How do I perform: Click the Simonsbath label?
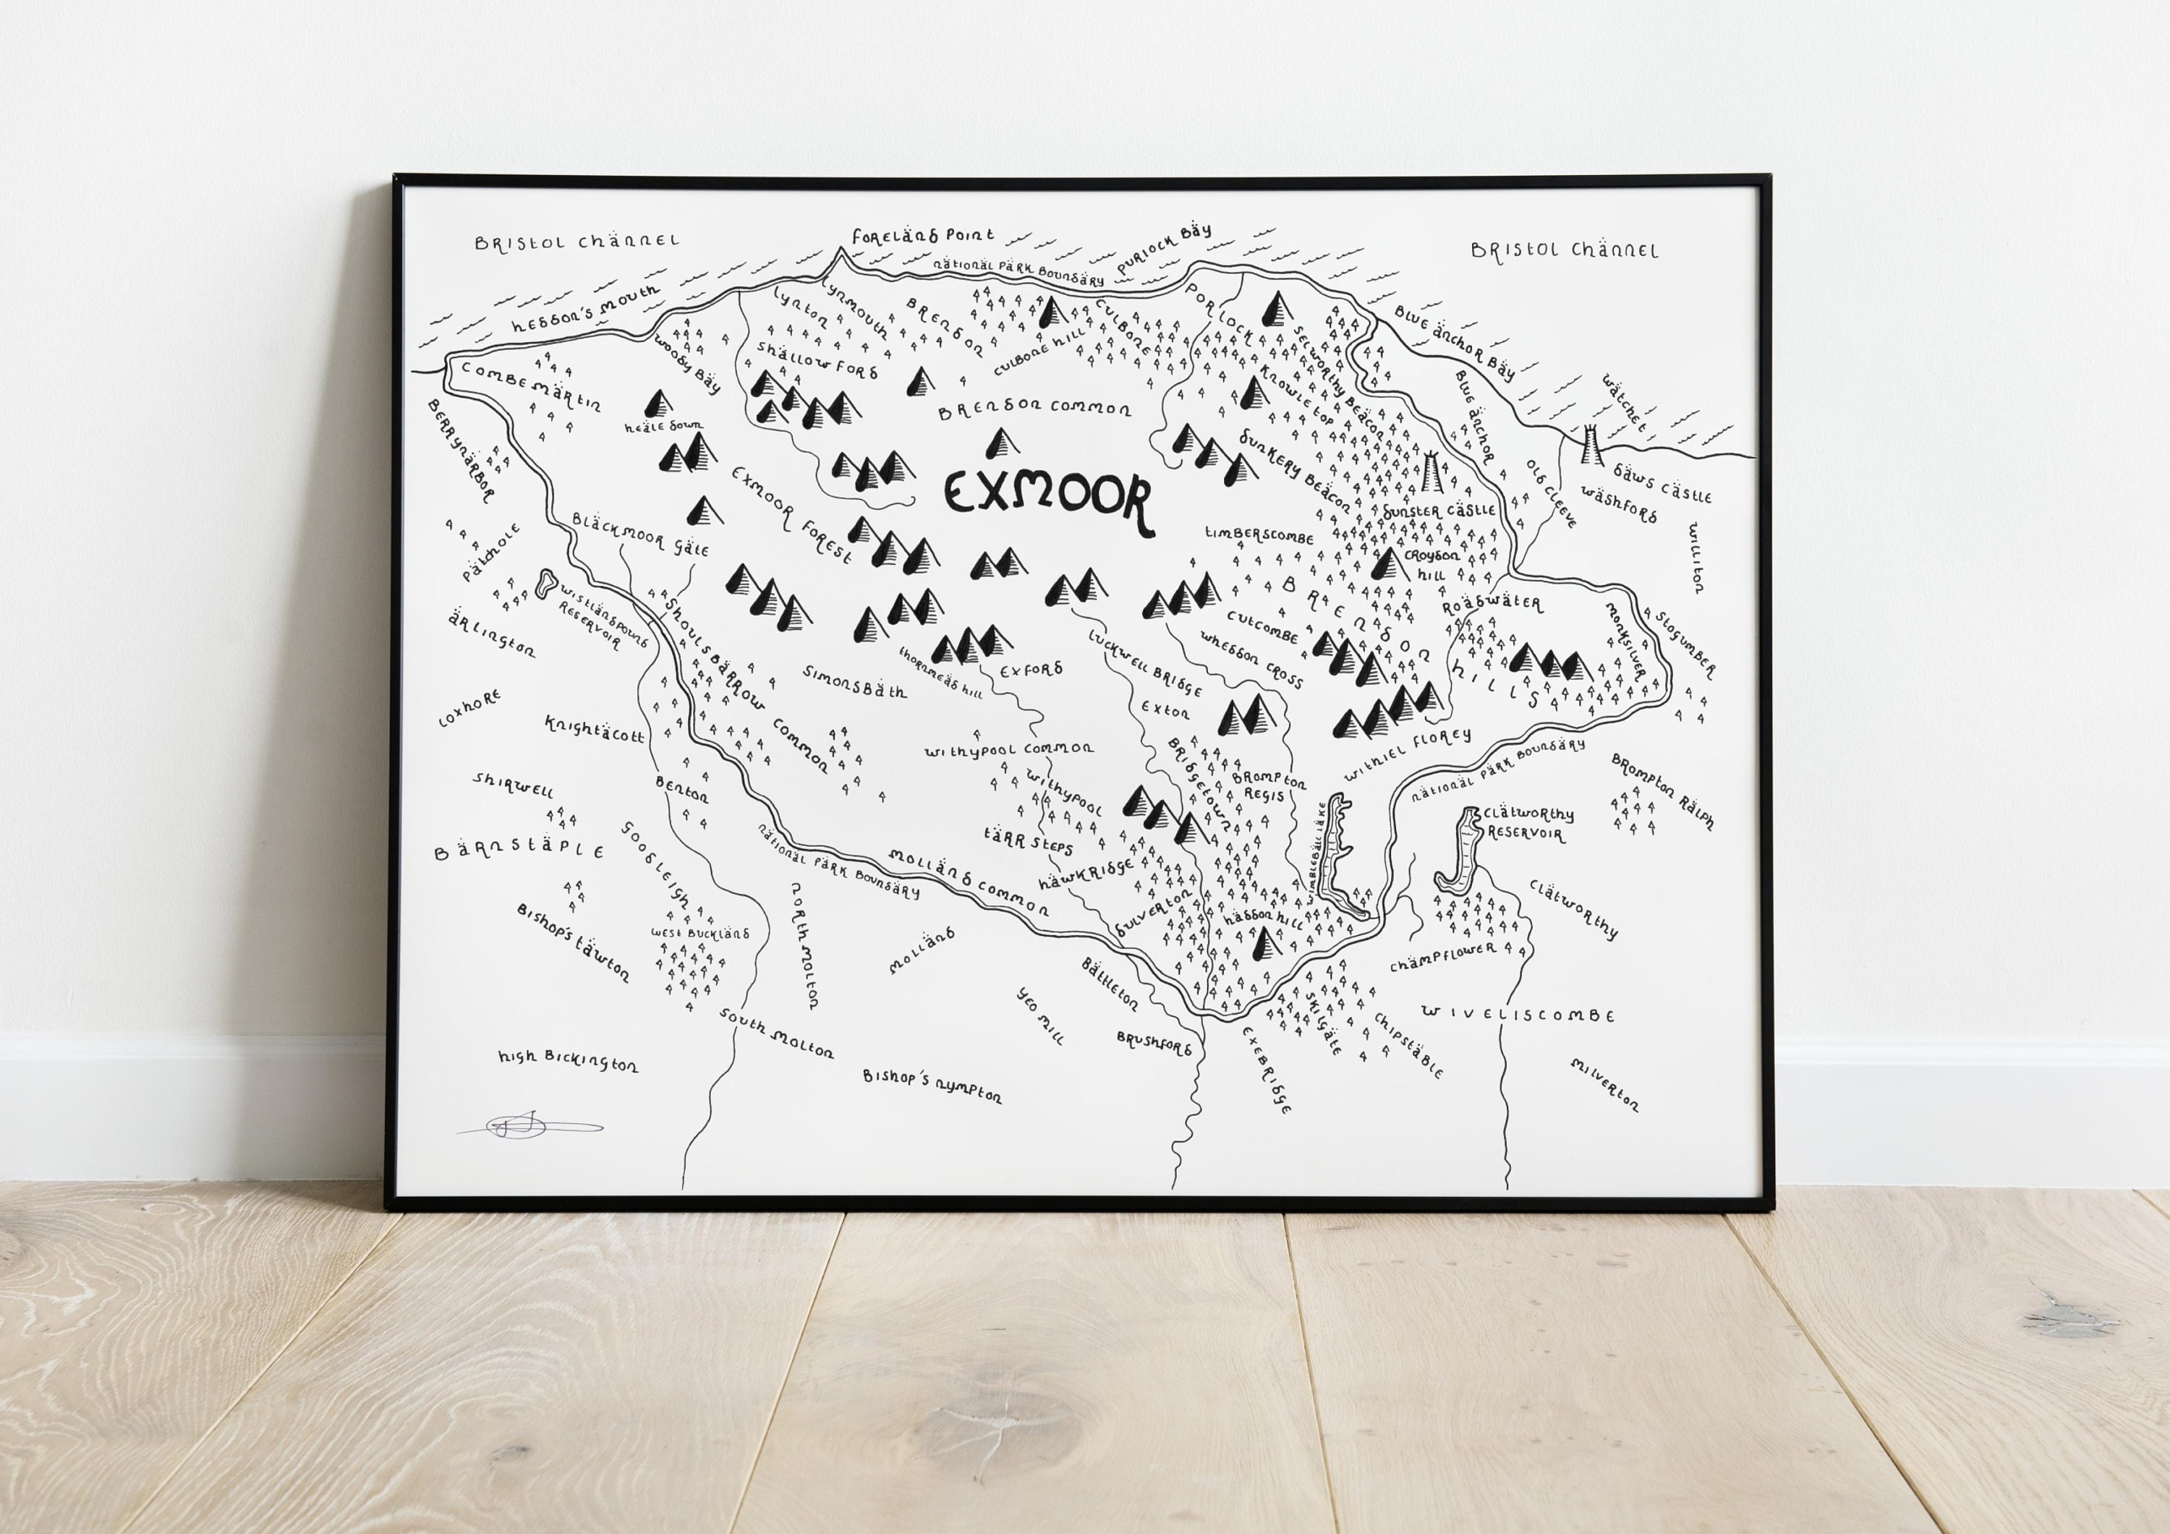[854, 681]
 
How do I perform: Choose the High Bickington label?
[568, 1060]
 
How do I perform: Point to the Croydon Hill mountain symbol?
[1388, 563]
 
